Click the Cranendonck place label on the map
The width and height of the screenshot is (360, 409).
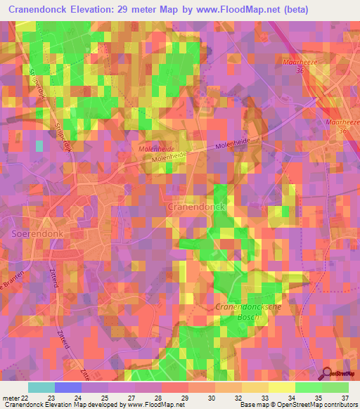195,209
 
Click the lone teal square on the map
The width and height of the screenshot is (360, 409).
39,145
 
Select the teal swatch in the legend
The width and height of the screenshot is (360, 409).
41,387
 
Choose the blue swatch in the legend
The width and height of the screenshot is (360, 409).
67,387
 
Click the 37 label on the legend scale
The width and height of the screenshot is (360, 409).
345,397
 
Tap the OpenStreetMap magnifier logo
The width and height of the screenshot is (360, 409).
326,372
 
